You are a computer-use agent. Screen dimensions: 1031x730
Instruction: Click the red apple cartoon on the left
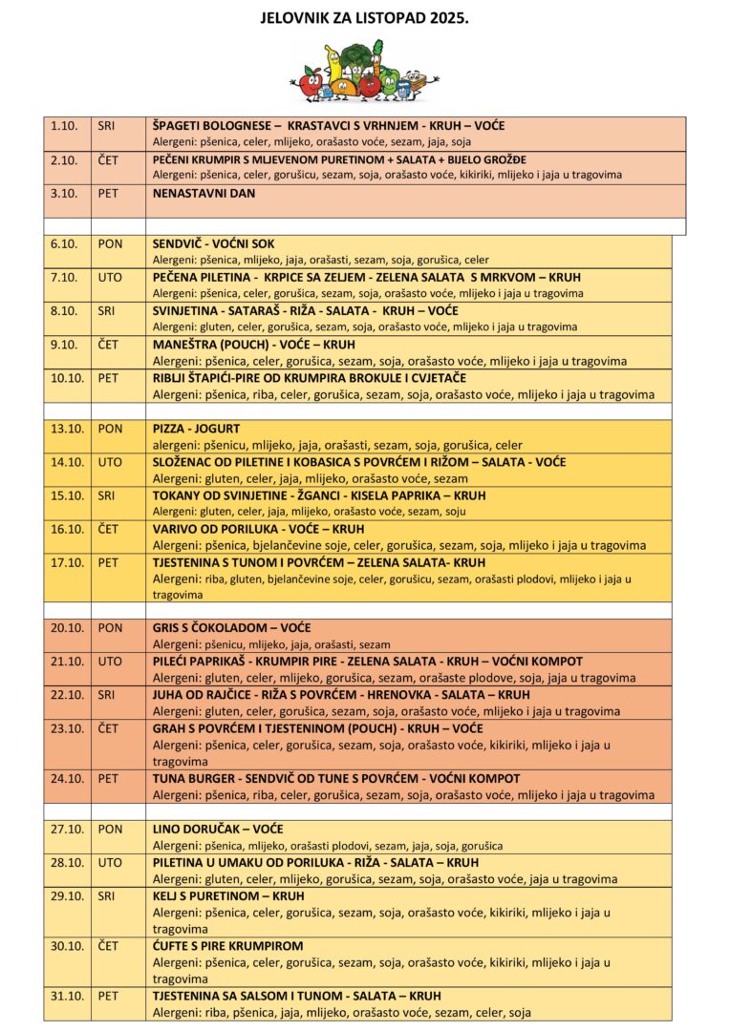pos(309,85)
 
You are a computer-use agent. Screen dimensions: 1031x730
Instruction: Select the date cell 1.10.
pos(64,126)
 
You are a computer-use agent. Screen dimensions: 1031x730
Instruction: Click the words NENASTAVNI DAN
pos(204,193)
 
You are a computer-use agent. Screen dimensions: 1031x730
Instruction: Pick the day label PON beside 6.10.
pos(110,243)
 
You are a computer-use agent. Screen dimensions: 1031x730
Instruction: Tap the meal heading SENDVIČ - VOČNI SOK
pos(213,243)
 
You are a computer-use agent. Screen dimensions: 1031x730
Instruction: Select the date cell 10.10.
pos(67,377)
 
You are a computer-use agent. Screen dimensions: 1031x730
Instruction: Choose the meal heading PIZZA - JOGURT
pos(196,428)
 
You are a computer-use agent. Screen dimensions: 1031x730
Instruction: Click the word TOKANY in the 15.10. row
pos(177,495)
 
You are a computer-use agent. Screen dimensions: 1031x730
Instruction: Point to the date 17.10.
pos(67,562)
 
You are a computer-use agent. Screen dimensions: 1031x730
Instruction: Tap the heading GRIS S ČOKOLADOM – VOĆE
pos(231,628)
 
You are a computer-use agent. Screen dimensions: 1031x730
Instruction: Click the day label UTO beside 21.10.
pos(110,662)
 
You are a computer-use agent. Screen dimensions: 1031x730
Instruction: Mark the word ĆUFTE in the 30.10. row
pos(172,946)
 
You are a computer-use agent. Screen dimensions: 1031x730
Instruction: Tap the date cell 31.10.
pos(67,996)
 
